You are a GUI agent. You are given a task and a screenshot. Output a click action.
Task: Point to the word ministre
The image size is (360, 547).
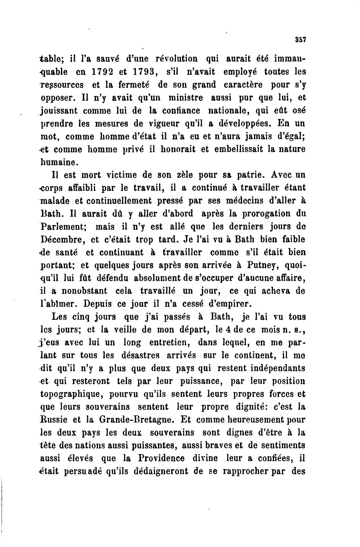click(x=186, y=98)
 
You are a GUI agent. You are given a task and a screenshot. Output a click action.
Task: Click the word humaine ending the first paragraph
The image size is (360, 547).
click(x=59, y=163)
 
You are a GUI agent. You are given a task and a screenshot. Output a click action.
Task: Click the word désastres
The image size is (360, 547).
click(x=143, y=355)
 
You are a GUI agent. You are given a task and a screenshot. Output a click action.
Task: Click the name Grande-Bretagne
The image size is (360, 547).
click(x=136, y=420)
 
